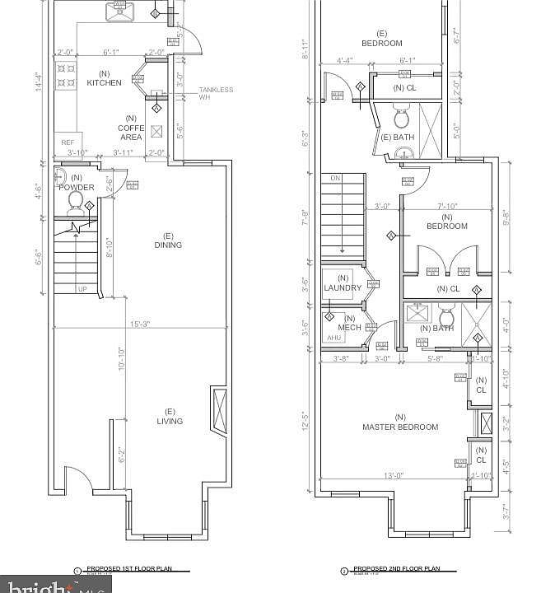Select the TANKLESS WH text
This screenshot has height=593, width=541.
216,94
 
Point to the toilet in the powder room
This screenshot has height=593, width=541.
74,201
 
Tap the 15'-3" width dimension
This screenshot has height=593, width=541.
138,324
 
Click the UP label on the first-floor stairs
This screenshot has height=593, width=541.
82,289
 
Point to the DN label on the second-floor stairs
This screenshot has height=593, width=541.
335,178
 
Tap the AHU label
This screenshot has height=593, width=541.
333,338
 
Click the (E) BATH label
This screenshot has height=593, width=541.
398,137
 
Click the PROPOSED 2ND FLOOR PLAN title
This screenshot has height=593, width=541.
397,569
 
